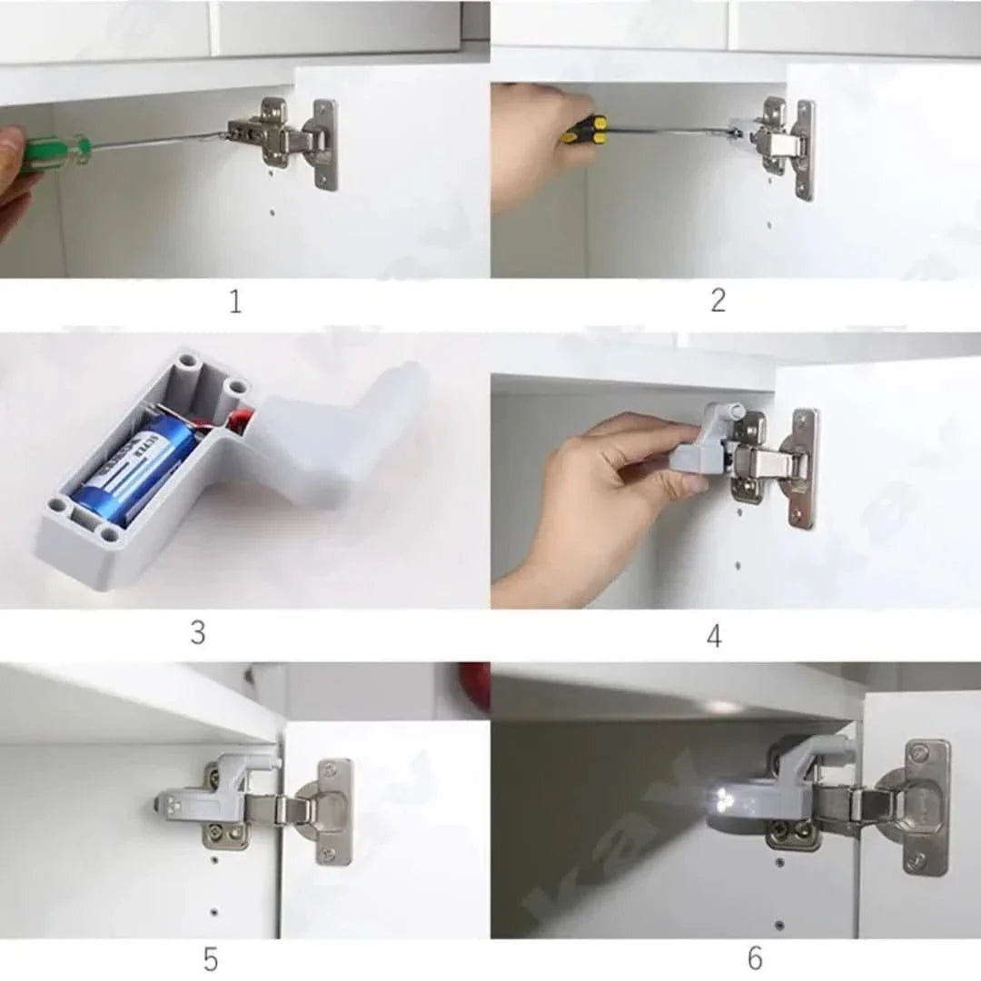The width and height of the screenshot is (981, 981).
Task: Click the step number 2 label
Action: click(x=718, y=301)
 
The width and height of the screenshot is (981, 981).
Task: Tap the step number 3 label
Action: click(x=197, y=631)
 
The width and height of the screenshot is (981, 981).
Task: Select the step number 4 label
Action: click(x=714, y=636)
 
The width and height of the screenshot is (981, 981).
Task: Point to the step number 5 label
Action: click(x=210, y=959)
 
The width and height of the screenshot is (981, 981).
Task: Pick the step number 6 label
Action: click(x=755, y=957)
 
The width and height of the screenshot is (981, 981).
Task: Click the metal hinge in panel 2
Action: click(x=777, y=141)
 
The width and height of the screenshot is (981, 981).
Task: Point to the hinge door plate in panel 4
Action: click(x=802, y=467)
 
